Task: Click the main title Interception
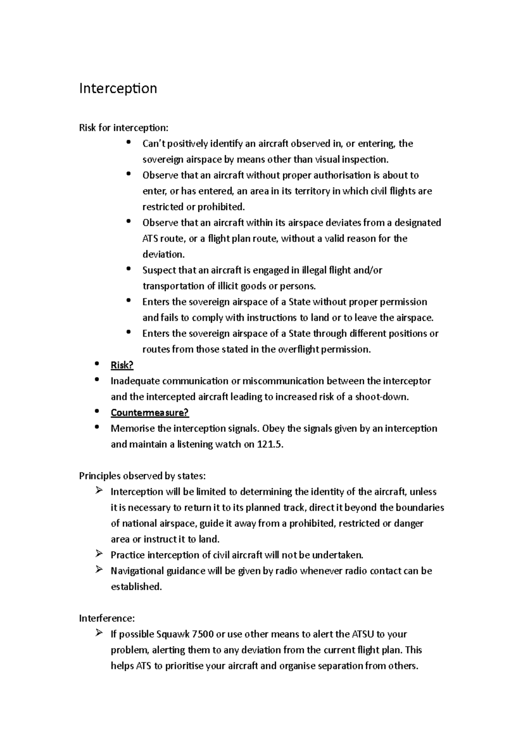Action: tap(118, 88)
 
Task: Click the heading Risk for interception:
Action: tap(123, 128)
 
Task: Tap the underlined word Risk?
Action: tap(122, 365)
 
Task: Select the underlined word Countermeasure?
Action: tap(149, 413)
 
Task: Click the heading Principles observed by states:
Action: tap(142, 476)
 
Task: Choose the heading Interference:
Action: tap(107, 618)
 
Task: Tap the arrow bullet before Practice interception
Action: tap(98, 554)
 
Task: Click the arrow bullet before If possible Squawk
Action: tap(98, 633)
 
